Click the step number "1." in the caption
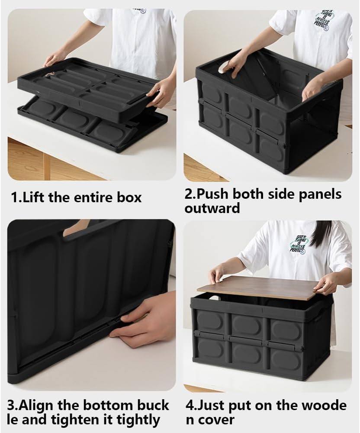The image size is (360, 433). click(16, 197)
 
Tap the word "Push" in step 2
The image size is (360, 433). click(215, 194)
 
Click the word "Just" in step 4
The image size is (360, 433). click(211, 406)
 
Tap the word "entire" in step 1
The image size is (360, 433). click(92, 197)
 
